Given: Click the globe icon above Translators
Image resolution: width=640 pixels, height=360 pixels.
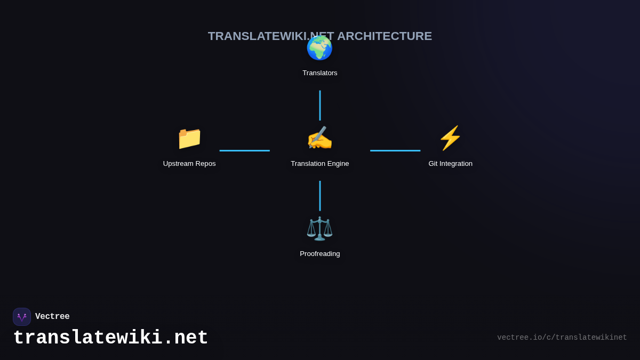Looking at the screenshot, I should coord(319,48).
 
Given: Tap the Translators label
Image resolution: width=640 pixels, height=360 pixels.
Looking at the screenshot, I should coord(320,73).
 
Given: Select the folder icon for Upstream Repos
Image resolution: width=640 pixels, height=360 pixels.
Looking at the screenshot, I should coord(189,138).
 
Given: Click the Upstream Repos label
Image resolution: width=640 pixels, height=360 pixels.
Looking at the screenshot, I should coord(189,164).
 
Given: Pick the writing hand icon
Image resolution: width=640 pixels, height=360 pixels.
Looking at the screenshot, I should coord(319,138).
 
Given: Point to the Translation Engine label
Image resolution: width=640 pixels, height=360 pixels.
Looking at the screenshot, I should coord(320,164).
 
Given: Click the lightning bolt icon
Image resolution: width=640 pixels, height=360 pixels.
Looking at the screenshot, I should coord(450,138).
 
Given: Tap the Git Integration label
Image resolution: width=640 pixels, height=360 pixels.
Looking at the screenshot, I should coord(451,164).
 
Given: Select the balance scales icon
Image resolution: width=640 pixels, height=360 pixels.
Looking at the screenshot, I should coord(319,229).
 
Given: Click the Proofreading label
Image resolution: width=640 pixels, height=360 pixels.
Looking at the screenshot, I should coord(320,254).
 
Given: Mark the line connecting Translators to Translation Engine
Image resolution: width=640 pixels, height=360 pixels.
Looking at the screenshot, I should coord(320,105).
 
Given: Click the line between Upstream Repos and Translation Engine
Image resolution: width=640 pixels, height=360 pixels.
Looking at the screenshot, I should coord(245,150).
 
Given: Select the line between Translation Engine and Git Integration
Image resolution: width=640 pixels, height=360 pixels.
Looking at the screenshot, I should coord(395,150).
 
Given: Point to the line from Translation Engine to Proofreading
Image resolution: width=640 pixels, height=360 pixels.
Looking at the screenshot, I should coord(320,196).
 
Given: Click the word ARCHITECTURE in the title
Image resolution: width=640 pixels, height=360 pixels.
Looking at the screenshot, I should coord(385,36).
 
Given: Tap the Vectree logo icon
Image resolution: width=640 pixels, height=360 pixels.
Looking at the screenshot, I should coord(22,317).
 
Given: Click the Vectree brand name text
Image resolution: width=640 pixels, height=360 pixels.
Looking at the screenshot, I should coord(52,317).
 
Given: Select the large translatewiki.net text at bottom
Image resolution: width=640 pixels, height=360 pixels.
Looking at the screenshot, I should coord(110,338).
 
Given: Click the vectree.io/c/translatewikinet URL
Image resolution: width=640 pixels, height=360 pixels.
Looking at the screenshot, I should coord(562,338).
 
